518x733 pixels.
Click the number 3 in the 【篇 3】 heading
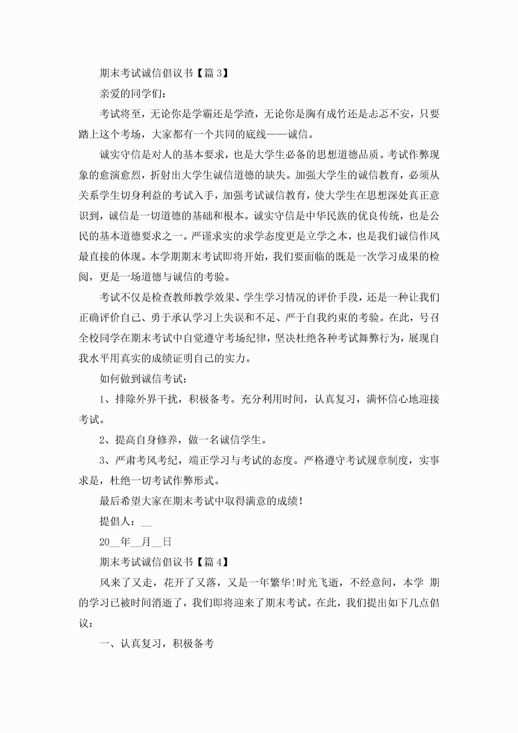219,73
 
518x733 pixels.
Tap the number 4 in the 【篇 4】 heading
219,562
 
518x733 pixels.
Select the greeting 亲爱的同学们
132,94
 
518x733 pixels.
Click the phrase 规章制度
388,460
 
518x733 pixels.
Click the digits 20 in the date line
104,542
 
